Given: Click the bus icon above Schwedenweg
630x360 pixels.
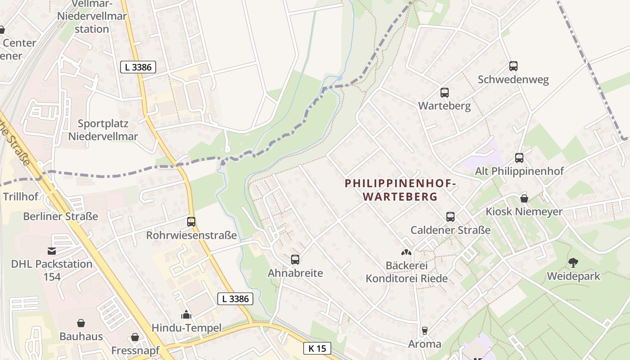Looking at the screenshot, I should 513,66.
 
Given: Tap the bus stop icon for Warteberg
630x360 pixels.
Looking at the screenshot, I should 445,93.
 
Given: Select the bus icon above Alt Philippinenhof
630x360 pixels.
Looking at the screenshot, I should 519,158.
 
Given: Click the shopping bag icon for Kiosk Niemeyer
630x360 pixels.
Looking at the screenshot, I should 524,198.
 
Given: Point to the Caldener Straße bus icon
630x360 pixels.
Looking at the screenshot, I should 450,217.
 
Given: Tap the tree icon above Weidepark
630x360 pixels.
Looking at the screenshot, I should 573,262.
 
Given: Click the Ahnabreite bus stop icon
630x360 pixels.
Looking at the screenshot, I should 295,260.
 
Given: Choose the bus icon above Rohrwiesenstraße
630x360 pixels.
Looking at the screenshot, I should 191,222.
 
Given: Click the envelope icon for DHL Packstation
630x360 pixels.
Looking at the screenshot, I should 52,251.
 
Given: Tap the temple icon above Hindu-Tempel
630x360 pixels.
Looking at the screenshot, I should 186,315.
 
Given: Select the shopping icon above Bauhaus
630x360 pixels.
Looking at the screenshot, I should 81,323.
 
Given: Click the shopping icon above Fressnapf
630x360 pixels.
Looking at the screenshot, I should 135,337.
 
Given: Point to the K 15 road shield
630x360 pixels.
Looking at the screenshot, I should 317,348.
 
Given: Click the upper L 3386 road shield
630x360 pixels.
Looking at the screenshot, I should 138,67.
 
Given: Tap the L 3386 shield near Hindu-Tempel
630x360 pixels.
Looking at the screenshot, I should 235,298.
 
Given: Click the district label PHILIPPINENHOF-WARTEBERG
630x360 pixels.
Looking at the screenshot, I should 400,190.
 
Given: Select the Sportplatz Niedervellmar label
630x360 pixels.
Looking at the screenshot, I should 103,130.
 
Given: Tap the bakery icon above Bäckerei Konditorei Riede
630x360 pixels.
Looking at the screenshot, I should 406,253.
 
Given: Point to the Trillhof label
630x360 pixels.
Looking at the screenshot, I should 21,197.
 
